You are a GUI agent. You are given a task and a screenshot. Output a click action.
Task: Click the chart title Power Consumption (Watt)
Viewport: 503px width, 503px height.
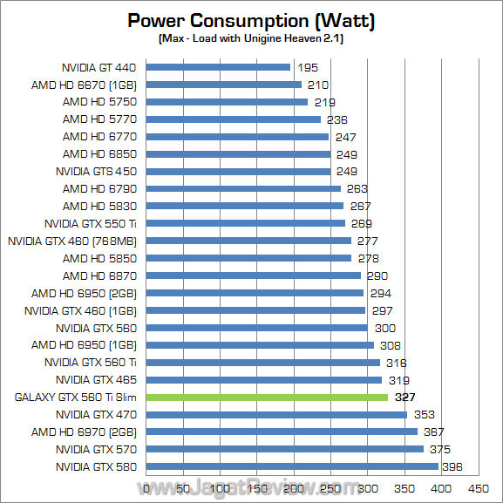click(x=252, y=21)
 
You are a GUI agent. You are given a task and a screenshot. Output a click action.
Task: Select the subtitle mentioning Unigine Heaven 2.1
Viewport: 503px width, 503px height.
click(x=252, y=40)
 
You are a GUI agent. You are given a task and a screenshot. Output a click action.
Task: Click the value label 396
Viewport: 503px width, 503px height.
click(x=452, y=467)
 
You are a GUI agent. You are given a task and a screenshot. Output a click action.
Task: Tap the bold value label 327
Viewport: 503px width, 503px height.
click(x=405, y=398)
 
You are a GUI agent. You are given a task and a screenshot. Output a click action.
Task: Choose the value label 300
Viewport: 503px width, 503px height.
click(x=384, y=328)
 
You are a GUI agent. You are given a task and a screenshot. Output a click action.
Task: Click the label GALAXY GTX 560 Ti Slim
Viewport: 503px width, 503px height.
click(x=77, y=398)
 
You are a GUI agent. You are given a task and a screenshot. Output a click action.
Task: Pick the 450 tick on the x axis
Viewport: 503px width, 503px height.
click(x=478, y=489)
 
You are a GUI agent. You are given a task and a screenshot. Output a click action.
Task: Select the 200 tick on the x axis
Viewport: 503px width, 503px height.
click(x=294, y=489)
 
